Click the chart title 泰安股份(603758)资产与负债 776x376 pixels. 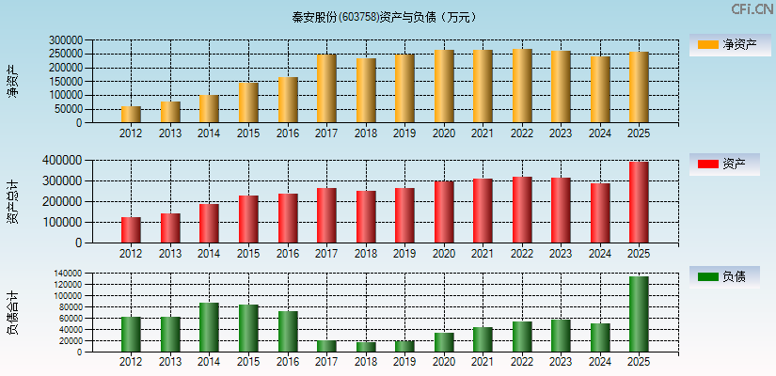pyautogui.click(x=383, y=17)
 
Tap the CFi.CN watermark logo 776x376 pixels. pyautogui.click(x=752, y=9)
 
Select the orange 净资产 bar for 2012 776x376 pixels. pyautogui.click(x=131, y=115)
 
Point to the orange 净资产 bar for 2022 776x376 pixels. pyautogui.click(x=522, y=86)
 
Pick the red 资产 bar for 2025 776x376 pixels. pyautogui.click(x=639, y=202)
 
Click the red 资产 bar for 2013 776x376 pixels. pyautogui.click(x=170, y=228)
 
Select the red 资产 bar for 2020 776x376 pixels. pyautogui.click(x=444, y=212)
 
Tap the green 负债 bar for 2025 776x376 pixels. pyautogui.click(x=639, y=314)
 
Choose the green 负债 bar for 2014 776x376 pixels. pyautogui.click(x=209, y=327)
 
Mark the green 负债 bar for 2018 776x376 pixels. pyautogui.click(x=366, y=347)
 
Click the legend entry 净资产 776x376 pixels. pyautogui.click(x=724, y=45)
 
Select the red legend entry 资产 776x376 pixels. pyautogui.click(x=724, y=164)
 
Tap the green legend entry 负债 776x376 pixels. pyautogui.click(x=724, y=277)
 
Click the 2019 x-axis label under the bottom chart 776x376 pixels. pyautogui.click(x=404, y=362)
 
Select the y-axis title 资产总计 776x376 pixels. pyautogui.click(x=11, y=201)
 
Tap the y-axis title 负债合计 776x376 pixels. pyautogui.click(x=11, y=314)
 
